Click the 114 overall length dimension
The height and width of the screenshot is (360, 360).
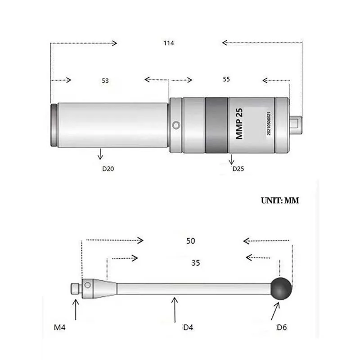tap(168, 43)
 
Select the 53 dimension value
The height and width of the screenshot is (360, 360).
tap(105, 81)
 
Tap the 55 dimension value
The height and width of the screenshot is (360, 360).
tap(226, 79)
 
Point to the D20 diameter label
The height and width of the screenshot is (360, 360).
tap(108, 169)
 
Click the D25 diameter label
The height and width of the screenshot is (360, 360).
tap(238, 169)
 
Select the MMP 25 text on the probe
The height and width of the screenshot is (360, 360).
tap(239, 123)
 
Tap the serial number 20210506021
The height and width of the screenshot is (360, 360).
tap(269, 123)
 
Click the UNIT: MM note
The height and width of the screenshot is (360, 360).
tap(280, 200)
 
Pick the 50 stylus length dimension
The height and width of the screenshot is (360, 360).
tap(190, 241)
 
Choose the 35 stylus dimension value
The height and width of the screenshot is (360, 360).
tap(196, 263)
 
